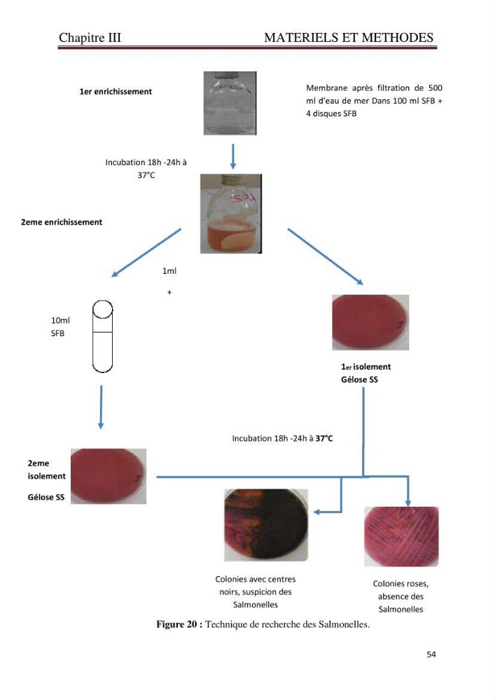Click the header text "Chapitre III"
90,38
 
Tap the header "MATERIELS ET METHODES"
349,38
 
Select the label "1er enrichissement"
116,92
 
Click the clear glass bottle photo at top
230,103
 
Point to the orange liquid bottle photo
231,213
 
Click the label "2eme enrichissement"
62,222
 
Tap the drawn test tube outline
102,336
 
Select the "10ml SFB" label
60,327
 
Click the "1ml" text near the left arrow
169,271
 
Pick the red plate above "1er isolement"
370,322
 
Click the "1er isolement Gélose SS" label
365,373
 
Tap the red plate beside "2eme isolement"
109,476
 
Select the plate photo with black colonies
266,525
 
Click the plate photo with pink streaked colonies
401,537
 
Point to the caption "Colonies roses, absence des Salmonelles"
400,596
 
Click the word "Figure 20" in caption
176,624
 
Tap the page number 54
431,654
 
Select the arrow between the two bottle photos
232,156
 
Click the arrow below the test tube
101,407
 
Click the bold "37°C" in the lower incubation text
324,438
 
